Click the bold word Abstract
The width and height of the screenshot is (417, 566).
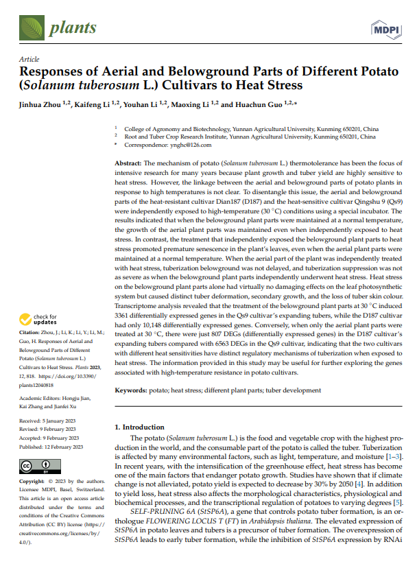coord(128,164)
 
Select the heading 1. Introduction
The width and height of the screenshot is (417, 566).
coord(139,427)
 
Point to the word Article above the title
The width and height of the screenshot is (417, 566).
coord(29,60)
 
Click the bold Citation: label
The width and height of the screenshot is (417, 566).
coord(32,332)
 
